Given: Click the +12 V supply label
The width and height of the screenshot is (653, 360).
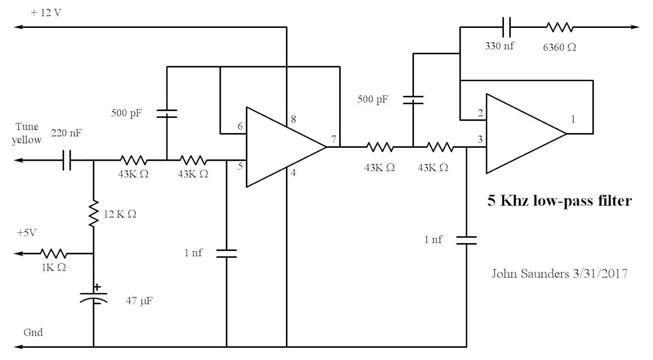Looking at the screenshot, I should (46, 12).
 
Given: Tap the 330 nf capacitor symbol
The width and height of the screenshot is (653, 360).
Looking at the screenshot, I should (507, 26).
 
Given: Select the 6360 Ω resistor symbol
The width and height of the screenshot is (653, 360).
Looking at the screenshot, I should (559, 26).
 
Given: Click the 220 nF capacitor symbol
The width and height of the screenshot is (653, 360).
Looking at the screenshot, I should (66, 160).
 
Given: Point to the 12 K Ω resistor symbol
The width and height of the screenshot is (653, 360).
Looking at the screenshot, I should (94, 213).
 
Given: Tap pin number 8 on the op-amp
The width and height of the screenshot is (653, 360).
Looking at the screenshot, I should (293, 119).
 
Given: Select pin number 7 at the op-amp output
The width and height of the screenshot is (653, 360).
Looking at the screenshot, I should (333, 139).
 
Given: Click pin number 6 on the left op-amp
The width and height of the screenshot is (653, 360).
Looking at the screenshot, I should (240, 127).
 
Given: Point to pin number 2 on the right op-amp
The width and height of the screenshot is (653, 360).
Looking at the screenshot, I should (480, 113).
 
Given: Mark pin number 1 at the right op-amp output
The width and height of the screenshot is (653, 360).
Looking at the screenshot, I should (573, 119).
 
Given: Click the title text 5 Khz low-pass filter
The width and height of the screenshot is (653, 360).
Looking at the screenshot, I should (559, 201).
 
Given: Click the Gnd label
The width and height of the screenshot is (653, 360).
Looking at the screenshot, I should (33, 333).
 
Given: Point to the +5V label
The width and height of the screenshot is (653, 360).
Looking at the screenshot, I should (26, 233).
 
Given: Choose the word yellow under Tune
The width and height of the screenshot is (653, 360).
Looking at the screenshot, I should (27, 139).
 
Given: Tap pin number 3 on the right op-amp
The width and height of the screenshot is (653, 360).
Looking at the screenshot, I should (480, 139).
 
